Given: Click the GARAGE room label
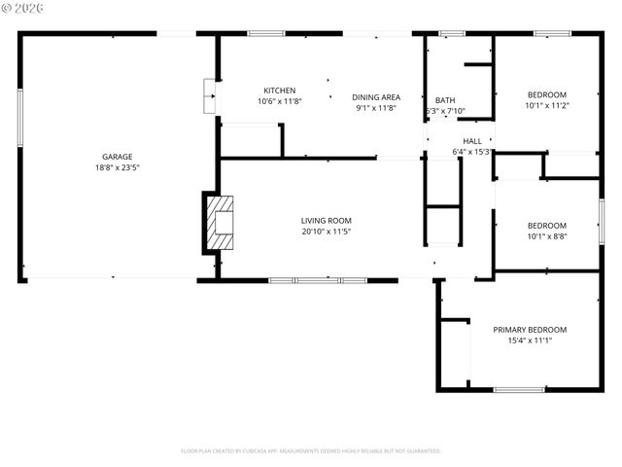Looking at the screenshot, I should pos(118,157).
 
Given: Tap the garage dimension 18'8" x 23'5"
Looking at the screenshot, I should pos(118,167).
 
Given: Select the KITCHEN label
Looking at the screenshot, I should pos(279,90).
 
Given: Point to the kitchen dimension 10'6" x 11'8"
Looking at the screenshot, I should pos(279,101).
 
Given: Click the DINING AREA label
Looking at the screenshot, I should pos(375,97).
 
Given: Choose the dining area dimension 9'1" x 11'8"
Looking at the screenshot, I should pos(375,108).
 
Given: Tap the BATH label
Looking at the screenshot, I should pos(445,100).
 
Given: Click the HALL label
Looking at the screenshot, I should pos(472,141).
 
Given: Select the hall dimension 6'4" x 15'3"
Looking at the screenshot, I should pos(472,152).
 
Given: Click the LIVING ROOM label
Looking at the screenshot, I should pos(326,221).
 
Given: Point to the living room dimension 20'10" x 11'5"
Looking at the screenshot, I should pos(326,232).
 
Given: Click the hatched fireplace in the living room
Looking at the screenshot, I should pos(220,222).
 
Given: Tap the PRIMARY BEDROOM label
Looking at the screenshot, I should pos(529,330).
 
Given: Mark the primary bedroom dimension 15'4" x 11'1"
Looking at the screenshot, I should pos(529,341).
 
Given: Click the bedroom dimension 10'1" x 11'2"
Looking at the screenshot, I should pos(546,106).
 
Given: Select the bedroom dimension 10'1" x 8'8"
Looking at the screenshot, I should pos(546,235).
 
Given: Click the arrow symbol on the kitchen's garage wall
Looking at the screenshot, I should pos(208,96).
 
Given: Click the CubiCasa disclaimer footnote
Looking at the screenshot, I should pos(311,451).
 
